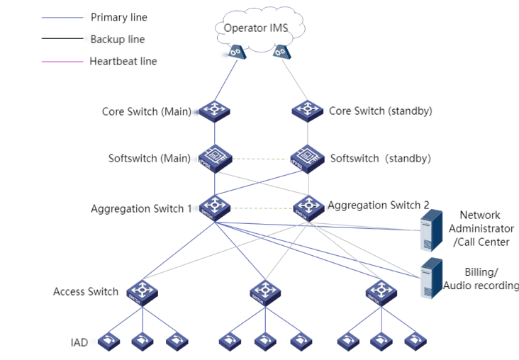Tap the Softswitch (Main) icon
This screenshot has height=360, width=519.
pyautogui.click(x=213, y=157)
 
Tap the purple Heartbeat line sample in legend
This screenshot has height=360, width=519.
pyautogui.click(x=62, y=62)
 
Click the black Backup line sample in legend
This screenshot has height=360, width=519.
pyautogui.click(x=62, y=39)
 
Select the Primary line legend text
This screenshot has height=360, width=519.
pyautogui.click(x=119, y=17)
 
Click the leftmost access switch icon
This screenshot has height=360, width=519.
pyautogui.click(x=142, y=291)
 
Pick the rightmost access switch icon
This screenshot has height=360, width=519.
pyautogui.click(x=381, y=291)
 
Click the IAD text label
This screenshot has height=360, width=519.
pyautogui.click(x=79, y=342)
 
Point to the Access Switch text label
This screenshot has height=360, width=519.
pyautogui.click(x=85, y=291)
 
